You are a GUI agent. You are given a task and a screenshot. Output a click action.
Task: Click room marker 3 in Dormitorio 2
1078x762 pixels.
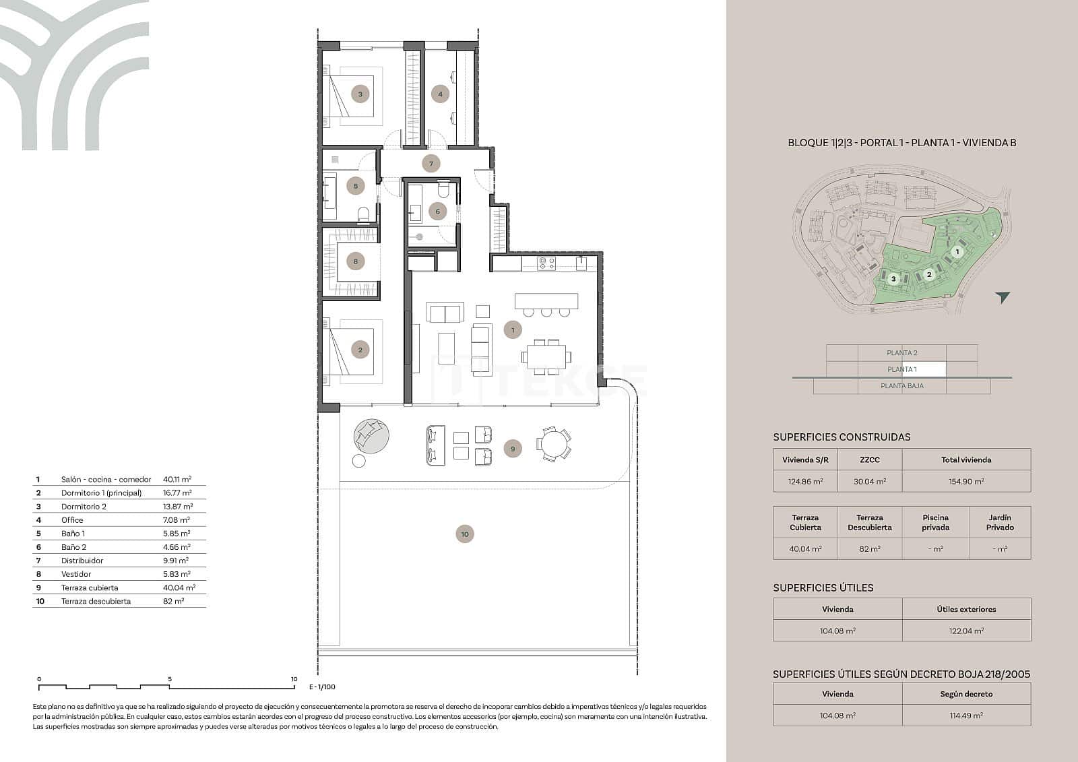point(360,94)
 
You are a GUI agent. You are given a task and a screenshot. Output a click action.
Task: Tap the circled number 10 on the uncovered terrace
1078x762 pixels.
point(465,534)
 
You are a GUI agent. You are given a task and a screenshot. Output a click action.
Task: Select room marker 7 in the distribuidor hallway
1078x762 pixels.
point(431,163)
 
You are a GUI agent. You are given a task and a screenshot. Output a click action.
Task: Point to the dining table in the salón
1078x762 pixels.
point(546,356)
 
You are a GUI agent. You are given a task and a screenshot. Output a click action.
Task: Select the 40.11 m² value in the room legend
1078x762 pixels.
point(177,480)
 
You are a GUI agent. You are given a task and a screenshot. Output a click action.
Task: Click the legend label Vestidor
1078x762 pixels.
point(76,574)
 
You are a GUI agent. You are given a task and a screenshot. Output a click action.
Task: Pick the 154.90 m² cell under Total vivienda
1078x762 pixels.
point(966,481)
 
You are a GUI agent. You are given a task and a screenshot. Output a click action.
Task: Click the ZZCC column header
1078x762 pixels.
point(869,459)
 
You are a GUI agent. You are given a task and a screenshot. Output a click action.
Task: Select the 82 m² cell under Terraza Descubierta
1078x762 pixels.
point(869,548)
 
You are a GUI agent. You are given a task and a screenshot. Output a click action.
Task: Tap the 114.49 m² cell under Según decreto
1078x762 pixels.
point(966,716)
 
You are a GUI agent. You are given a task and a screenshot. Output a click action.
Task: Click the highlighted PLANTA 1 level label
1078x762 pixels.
point(902,369)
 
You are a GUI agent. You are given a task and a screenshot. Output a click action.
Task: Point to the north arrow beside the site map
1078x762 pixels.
point(1003,297)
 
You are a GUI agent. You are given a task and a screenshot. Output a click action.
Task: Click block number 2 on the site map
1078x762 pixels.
point(929,274)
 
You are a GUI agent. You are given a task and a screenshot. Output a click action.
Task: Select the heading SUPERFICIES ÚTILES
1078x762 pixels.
point(823,588)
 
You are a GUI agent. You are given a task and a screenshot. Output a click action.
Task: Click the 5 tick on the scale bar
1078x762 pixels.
point(170,680)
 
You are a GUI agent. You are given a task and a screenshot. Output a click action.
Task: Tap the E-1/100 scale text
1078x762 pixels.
point(322,687)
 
